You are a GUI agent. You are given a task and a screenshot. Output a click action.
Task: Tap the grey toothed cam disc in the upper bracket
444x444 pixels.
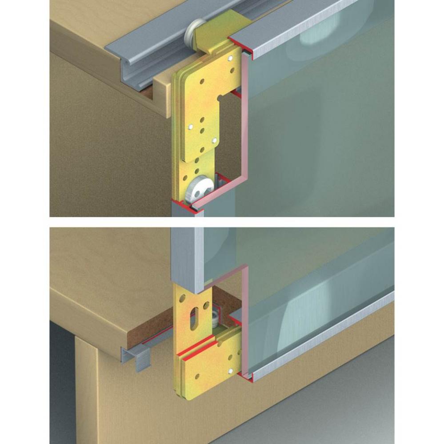click(x=197, y=187)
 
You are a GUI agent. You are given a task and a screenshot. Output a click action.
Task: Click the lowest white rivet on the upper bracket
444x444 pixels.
click(x=214, y=141)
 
